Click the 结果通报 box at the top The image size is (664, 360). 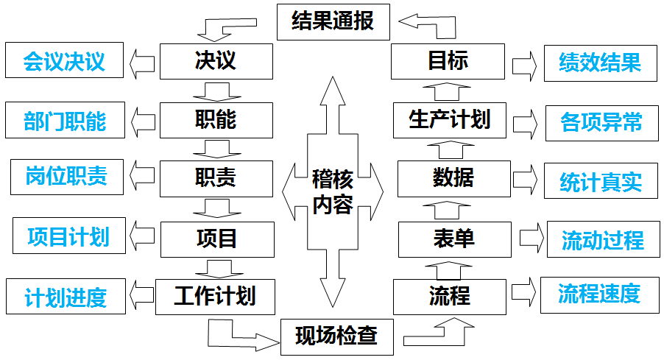333,21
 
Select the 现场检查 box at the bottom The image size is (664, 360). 336,336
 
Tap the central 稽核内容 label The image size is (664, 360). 333,191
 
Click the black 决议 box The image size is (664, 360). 216,61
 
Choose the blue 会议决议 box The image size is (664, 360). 64,61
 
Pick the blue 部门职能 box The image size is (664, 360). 64,121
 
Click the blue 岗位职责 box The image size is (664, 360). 67,177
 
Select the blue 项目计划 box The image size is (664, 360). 68,237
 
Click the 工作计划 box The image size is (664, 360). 215,297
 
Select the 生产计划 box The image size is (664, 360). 449,120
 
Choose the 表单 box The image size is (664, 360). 454,239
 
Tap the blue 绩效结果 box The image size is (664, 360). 599,62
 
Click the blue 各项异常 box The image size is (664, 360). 601,122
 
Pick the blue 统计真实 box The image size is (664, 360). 600,181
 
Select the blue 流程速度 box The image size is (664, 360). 598,294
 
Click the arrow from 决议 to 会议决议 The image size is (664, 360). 141,62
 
